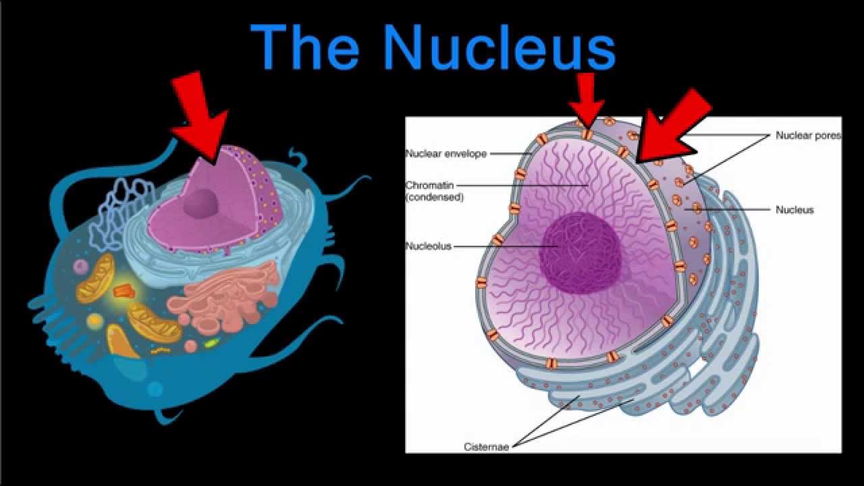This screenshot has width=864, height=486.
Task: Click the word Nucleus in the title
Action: [x=499, y=47]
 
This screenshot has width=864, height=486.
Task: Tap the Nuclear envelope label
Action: [x=446, y=153]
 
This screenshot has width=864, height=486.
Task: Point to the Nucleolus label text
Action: [x=428, y=246]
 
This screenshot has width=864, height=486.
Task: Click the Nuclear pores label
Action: [x=808, y=135]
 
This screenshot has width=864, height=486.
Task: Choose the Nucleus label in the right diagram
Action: [x=794, y=210]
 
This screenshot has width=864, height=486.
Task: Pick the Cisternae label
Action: [x=486, y=447]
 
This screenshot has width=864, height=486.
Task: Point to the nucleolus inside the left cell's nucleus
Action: [x=202, y=202]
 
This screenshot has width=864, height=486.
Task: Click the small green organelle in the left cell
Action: [x=212, y=343]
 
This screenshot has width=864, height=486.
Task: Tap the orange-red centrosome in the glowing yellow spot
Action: [x=124, y=291]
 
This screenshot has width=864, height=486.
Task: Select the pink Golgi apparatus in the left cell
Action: [x=230, y=297]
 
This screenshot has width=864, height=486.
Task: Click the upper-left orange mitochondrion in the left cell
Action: [x=95, y=278]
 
